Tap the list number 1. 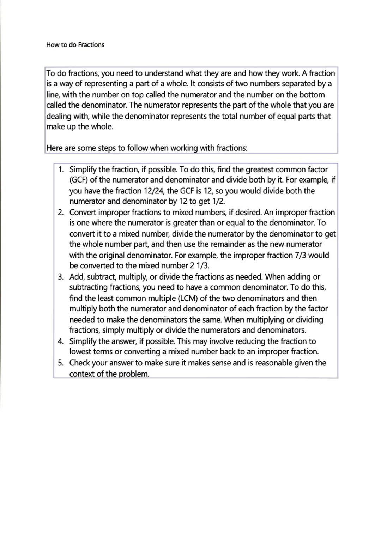coord(61,169)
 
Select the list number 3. coord(61,277)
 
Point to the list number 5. coord(61,363)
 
